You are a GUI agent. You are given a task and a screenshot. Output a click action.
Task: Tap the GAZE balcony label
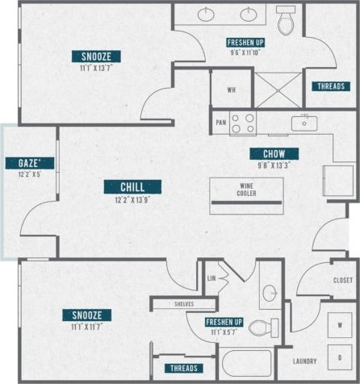24,163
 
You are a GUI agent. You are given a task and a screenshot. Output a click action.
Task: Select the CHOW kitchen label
274,154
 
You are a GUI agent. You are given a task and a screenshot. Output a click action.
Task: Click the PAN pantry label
220,123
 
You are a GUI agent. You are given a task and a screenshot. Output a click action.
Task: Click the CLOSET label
341,280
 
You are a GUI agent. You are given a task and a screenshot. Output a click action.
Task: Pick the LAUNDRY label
304,361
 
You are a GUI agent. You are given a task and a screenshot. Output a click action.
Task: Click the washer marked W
340,324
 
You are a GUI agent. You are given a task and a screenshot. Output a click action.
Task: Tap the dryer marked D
340,357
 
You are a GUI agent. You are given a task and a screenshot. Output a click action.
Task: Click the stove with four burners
243,123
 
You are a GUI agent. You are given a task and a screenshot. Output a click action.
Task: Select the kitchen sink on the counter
303,123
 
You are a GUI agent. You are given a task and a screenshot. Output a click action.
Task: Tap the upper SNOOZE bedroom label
102,56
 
